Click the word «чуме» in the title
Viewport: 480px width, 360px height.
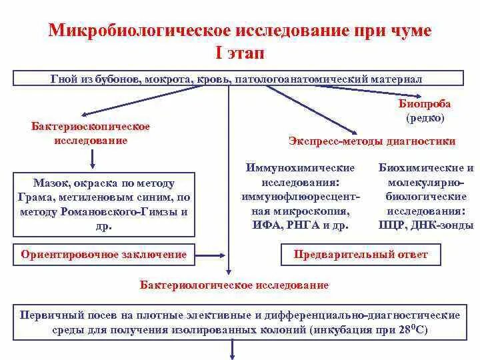pyautogui.click(x=407, y=31)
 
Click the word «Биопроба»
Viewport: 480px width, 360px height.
pyautogui.click(x=425, y=104)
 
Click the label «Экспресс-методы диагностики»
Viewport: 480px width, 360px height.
pyautogui.click(x=372, y=141)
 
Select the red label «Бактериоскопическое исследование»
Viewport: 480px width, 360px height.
pyautogui.click(x=91, y=133)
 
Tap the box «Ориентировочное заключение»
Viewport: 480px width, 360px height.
pyautogui.click(x=104, y=255)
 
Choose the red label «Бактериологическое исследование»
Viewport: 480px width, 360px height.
pyautogui.click(x=234, y=285)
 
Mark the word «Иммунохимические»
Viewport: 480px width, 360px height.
pyautogui.click(x=300, y=168)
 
